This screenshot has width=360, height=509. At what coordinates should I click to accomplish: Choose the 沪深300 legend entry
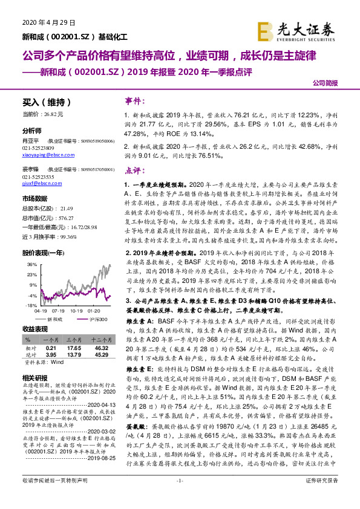(x=97, y=319)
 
